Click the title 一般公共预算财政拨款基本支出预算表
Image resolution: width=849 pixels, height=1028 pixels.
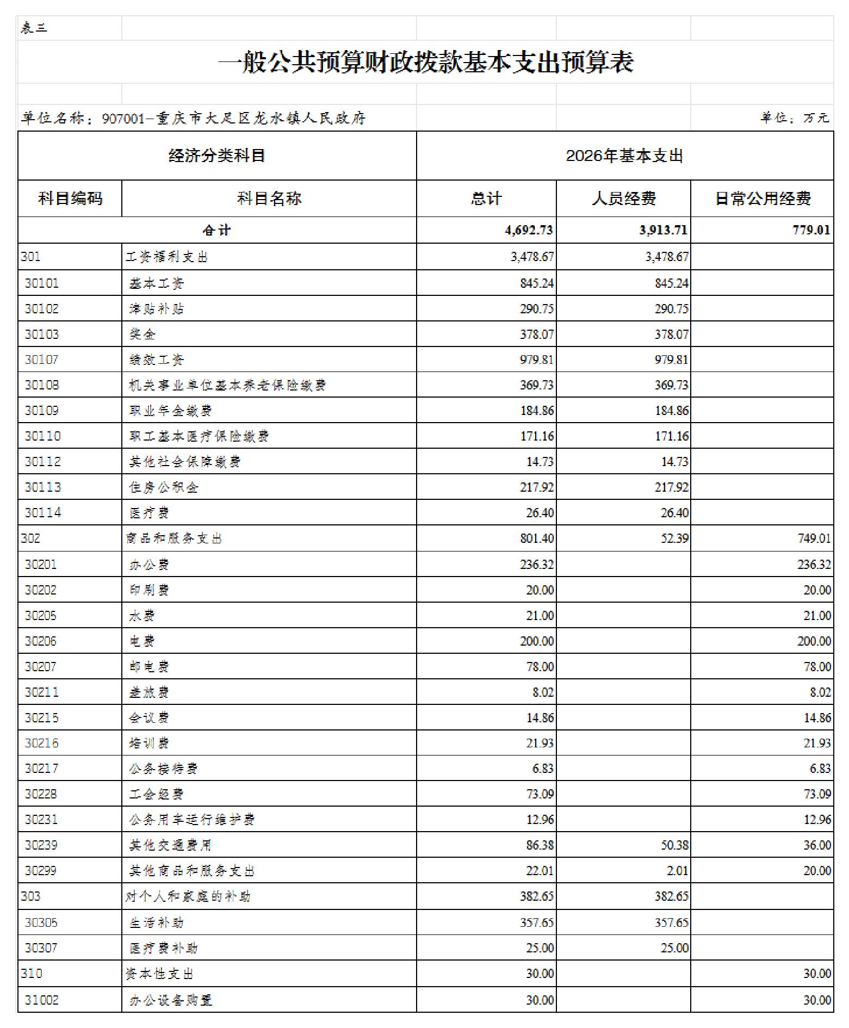click(x=425, y=62)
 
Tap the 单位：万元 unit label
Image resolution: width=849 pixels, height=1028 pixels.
click(x=794, y=117)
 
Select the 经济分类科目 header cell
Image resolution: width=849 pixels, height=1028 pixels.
click(x=216, y=156)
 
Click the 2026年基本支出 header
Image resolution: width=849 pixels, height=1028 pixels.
click(x=624, y=156)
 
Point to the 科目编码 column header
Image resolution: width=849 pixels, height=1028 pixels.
click(x=70, y=199)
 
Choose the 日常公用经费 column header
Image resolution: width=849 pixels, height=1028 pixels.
click(x=762, y=199)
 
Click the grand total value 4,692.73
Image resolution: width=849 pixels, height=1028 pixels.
click(x=529, y=230)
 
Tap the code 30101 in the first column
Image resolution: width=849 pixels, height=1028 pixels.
click(x=41, y=283)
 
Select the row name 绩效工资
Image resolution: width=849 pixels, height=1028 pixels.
click(x=157, y=360)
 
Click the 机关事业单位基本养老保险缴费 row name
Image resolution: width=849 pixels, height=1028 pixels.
click(x=227, y=385)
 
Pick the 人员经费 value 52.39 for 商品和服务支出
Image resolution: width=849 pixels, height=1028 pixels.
click(x=674, y=538)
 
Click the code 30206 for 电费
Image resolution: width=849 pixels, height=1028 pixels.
click(x=40, y=641)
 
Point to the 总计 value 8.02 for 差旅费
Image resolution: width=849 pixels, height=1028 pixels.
click(x=540, y=692)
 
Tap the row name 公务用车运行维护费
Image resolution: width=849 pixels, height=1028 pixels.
click(x=192, y=820)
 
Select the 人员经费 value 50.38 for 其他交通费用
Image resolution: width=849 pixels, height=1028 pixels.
click(x=674, y=845)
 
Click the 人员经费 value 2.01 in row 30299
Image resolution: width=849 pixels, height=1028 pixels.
click(x=677, y=871)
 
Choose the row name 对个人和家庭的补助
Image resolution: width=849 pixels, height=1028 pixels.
click(x=188, y=896)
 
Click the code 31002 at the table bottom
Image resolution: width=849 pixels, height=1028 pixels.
click(x=41, y=1000)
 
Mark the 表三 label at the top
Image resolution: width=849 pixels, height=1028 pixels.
click(x=34, y=28)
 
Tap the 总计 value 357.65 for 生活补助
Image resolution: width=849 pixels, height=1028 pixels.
click(x=537, y=922)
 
